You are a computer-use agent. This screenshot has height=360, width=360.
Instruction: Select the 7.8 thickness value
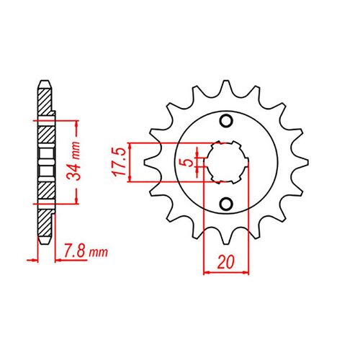pyautogui.click(x=73, y=253)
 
